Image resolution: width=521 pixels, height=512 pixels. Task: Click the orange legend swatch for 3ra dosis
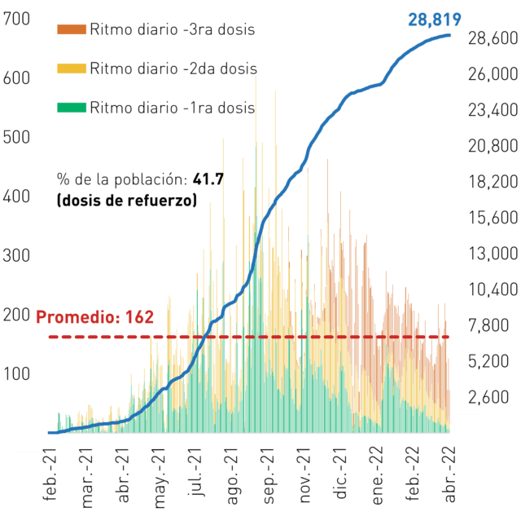pos(72,29)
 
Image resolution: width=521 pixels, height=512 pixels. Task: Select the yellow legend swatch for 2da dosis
pos(72,68)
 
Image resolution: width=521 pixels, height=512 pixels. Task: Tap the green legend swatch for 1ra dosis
pos(72,108)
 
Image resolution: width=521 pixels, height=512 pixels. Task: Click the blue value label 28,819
pos(434,20)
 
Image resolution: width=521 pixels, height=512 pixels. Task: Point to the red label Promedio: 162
pos(94,316)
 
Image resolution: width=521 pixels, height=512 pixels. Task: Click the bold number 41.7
pos(208,179)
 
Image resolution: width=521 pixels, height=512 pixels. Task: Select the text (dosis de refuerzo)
pos(127,201)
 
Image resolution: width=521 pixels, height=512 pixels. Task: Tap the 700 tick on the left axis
pos(16,19)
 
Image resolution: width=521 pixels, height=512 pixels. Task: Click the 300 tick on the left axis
pos(16,255)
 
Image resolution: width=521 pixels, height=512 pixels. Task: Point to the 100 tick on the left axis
pos(16,374)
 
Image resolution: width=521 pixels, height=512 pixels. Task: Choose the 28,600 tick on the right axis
pos(493,38)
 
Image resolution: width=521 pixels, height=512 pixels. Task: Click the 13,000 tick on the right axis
pos(493,254)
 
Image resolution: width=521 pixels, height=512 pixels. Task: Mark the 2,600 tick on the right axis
pos(488,397)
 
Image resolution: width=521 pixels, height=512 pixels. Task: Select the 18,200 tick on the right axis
pos(493,182)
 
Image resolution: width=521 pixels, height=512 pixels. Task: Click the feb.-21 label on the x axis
pos(50,474)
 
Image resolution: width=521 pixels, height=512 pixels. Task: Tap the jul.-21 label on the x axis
pos(196,472)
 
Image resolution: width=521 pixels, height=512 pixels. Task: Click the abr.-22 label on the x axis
pos(450,474)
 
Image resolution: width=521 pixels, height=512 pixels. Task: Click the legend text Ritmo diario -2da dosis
pos(173,68)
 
